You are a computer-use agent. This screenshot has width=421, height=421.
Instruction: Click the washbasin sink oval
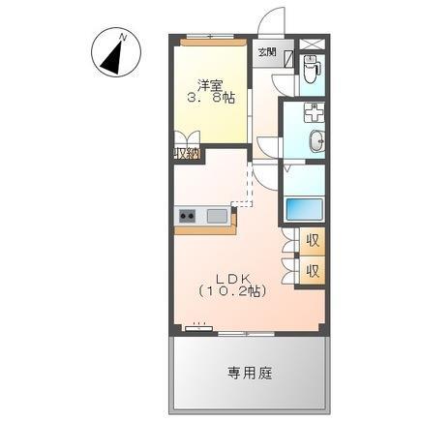point(316,142)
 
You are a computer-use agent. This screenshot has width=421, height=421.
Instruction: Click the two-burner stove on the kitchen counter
point(187,215)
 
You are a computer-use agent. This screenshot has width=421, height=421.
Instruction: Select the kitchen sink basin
point(217,215)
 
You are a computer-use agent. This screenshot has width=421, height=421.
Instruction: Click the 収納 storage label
point(187,153)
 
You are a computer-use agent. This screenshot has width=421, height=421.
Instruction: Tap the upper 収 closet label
point(313,239)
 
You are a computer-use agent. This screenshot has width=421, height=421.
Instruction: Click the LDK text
point(232,274)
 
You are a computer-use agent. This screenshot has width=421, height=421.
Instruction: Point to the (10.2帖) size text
point(232,289)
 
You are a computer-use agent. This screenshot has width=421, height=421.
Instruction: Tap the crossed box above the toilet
point(311,43)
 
